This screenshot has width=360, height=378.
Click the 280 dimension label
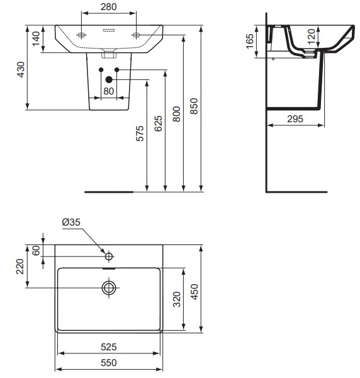click(x=109, y=7)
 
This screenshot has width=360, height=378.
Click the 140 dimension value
click(x=36, y=38)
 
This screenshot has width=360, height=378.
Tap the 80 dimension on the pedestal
click(x=109, y=91)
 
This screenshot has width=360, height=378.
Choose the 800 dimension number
click(x=177, y=112)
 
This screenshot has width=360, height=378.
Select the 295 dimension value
click(x=296, y=118)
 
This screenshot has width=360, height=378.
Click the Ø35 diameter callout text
click(x=72, y=222)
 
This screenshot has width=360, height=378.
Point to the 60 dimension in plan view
click(x=36, y=250)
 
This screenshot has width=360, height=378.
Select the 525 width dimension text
click(x=109, y=346)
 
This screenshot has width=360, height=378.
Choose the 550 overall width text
click(x=109, y=363)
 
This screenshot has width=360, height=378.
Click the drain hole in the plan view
click(x=109, y=287)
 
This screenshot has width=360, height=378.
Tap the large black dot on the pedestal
click(x=109, y=79)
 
